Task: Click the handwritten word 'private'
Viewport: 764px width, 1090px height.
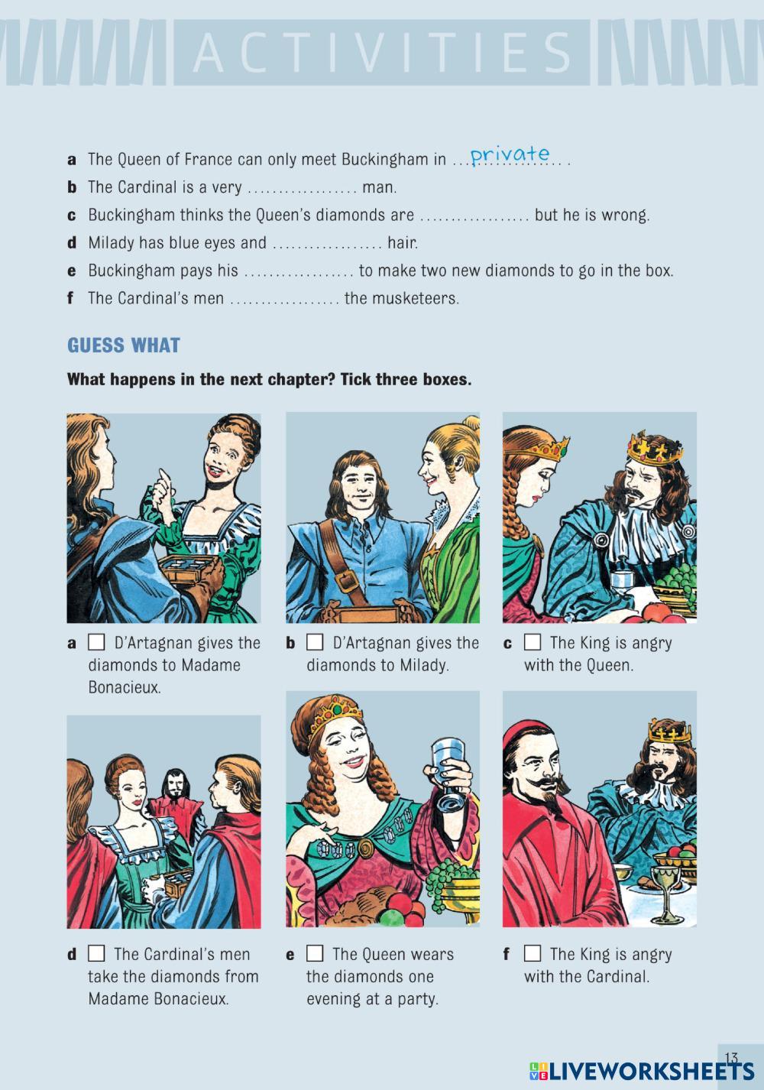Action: coord(510,154)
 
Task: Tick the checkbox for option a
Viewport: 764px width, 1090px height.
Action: coord(96,642)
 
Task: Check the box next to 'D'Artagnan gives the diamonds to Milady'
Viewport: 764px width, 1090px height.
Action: coord(315,642)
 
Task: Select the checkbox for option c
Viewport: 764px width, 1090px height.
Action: coord(533,642)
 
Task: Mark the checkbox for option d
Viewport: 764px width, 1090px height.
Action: coord(96,953)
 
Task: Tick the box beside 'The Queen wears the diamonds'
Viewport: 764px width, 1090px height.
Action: coord(315,953)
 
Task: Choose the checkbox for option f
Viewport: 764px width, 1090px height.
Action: coord(533,953)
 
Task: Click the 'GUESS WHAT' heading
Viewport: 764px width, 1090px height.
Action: coord(124,345)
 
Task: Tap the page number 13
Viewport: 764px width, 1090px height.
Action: coord(731,1057)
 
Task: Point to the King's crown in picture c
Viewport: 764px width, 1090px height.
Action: coord(654,446)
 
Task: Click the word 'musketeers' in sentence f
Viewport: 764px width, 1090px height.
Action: coord(415,298)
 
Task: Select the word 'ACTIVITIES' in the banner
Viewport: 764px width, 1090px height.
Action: coord(382,52)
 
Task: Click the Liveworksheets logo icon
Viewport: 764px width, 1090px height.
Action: coord(539,1071)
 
